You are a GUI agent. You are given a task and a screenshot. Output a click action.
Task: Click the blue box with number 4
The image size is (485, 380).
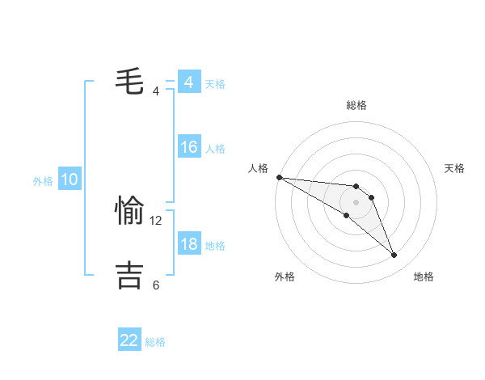pyautogui.click(x=188, y=82)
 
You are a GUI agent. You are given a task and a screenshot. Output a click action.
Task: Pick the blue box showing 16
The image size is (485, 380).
pyautogui.click(x=188, y=147)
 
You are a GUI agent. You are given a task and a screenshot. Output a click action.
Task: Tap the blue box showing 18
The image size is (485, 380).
pyautogui.click(x=188, y=244)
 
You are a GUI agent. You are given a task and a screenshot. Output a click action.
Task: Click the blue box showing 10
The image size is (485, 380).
pyautogui.click(x=69, y=180)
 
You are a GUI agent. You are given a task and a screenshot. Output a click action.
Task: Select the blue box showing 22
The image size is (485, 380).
pyautogui.click(x=129, y=340)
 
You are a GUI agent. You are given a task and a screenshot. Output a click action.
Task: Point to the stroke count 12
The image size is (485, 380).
pyautogui.click(x=156, y=220)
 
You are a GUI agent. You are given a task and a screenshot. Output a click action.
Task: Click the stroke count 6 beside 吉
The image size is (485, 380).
pyautogui.click(x=156, y=285)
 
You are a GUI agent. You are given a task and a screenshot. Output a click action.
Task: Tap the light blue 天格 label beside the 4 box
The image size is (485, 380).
pyautogui.click(x=215, y=83)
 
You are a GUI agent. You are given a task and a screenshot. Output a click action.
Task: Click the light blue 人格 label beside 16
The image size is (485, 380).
pyautogui.click(x=215, y=149)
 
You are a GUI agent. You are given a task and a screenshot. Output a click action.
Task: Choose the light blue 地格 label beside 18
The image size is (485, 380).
pyautogui.click(x=215, y=245)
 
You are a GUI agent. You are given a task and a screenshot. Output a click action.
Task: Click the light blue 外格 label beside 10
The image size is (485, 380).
pyautogui.click(x=43, y=181)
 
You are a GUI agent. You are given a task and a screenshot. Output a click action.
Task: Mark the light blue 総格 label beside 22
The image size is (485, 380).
pyautogui.click(x=155, y=342)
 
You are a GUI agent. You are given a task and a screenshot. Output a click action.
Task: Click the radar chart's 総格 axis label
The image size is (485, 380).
pyautogui.click(x=356, y=105)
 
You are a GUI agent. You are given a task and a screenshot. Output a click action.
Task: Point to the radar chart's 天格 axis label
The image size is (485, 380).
pyautogui.click(x=454, y=168)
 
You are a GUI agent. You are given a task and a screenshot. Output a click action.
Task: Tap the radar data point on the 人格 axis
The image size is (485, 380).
pyautogui.click(x=279, y=177)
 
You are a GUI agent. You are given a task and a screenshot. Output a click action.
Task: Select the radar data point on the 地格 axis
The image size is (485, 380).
pyautogui.click(x=394, y=255)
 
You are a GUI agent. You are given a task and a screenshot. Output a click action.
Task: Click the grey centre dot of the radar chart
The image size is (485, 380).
pyautogui.click(x=356, y=202)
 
